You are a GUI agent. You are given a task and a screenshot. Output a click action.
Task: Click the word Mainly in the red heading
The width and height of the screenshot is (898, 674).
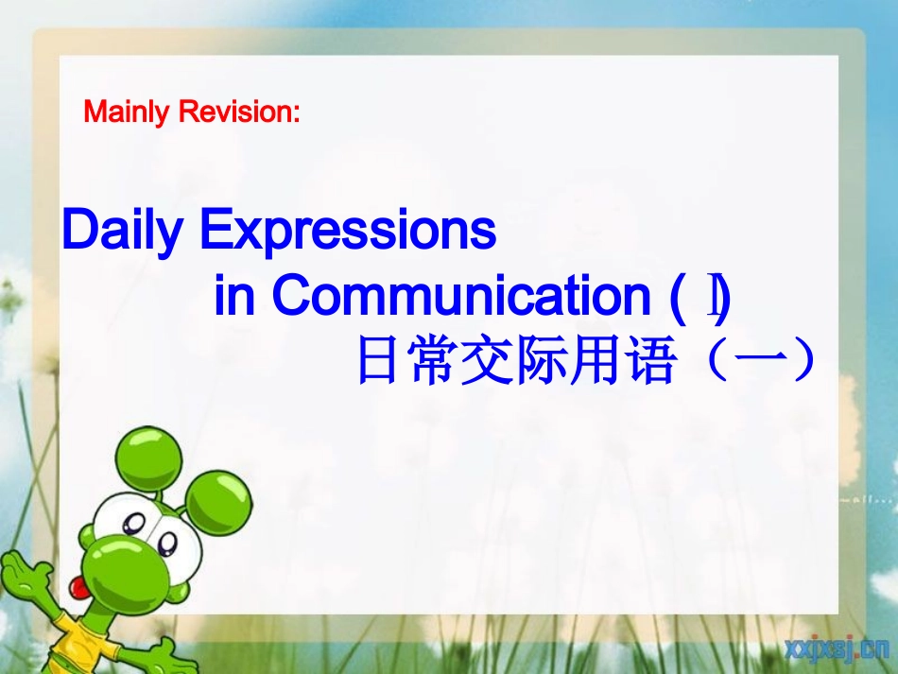[x=128, y=112]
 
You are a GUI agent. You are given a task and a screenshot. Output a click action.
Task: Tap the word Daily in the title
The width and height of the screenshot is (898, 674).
[x=120, y=231]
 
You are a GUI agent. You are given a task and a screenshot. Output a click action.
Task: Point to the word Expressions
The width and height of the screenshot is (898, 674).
[x=348, y=231]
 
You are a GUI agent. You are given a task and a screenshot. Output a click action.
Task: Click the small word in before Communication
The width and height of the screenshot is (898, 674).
[x=235, y=297]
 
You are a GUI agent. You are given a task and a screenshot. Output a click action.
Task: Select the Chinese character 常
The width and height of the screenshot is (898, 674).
[x=432, y=362]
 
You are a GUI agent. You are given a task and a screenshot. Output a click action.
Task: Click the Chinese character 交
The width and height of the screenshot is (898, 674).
[x=487, y=362]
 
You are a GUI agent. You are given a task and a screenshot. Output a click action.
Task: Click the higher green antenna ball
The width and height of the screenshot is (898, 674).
[x=153, y=454]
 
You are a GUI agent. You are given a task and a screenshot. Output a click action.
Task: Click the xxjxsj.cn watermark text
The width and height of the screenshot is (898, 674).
[x=836, y=648]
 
